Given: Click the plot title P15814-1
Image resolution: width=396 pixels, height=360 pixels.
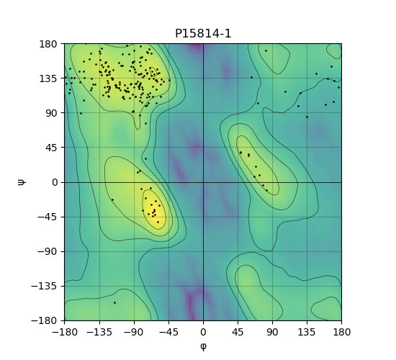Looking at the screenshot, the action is [x=203, y=34].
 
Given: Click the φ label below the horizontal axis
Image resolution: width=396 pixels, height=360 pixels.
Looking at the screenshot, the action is [x=203, y=346].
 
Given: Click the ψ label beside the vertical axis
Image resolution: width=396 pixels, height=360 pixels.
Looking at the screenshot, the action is [x=22, y=182].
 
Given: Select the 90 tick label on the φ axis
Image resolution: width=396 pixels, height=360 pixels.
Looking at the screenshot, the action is [x=272, y=332].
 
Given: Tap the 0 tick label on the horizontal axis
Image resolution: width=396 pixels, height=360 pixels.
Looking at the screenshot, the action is [x=203, y=332].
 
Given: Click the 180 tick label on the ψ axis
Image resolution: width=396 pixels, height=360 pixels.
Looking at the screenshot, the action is [x=48, y=44].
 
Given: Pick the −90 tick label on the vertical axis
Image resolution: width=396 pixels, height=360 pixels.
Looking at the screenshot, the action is [x=48, y=251].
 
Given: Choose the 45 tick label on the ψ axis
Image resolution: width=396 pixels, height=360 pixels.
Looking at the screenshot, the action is [x=51, y=148].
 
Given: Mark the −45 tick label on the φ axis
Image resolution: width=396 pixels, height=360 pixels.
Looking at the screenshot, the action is [x=168, y=332].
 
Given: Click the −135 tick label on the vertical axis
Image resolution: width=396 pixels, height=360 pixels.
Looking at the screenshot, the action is [x=45, y=287].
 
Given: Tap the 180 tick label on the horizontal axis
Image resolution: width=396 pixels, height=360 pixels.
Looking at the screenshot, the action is [x=341, y=332].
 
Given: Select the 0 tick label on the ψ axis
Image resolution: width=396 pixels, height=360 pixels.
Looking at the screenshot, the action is [x=55, y=182].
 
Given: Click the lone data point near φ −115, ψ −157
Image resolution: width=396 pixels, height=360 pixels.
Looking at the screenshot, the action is [x=114, y=302].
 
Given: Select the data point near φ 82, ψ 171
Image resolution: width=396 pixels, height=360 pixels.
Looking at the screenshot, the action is [x=266, y=51].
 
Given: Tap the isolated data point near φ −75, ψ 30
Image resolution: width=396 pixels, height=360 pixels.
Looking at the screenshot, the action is [x=145, y=159].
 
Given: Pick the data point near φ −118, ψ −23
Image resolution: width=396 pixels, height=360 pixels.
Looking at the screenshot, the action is [x=112, y=200].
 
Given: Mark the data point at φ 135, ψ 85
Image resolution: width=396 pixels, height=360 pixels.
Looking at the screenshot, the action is [x=307, y=117].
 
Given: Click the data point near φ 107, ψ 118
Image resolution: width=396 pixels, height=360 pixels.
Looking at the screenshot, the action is [x=285, y=91].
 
